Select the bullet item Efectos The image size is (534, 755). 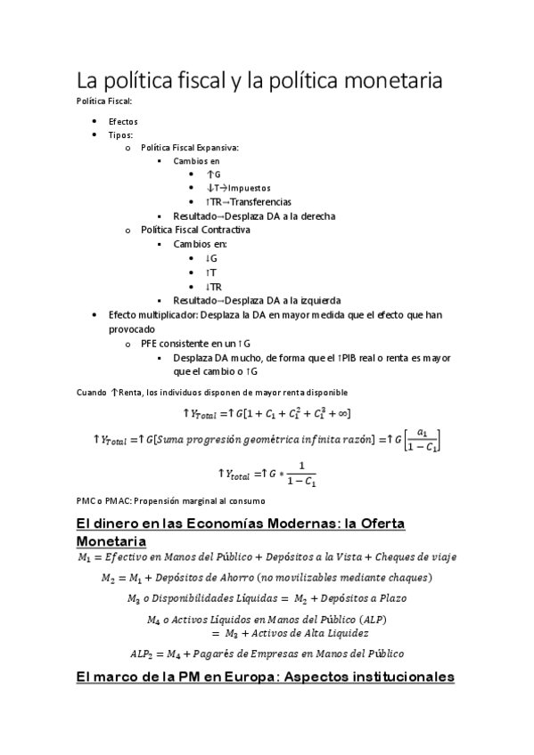tap(123, 121)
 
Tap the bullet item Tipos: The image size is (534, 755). tap(121, 134)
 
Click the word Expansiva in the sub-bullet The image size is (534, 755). tap(218, 148)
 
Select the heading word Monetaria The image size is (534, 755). tap(111, 540)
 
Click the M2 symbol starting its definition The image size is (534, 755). tap(110, 578)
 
